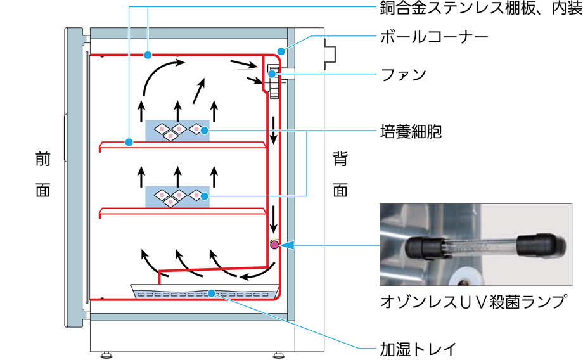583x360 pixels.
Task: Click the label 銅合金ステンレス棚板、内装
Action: [x=477, y=10]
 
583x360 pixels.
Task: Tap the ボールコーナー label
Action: [x=433, y=37]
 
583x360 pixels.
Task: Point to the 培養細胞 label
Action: [x=410, y=131]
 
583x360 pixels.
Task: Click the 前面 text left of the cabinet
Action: [x=42, y=176]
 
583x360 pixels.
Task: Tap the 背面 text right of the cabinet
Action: [x=340, y=176]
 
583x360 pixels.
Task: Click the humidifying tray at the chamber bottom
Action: [x=206, y=293]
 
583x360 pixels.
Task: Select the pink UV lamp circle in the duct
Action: [x=274, y=245]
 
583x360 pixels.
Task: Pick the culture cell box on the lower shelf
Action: [x=177, y=196]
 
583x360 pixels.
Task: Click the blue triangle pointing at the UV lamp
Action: [x=288, y=245]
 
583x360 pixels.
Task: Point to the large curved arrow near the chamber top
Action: [x=158, y=73]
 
